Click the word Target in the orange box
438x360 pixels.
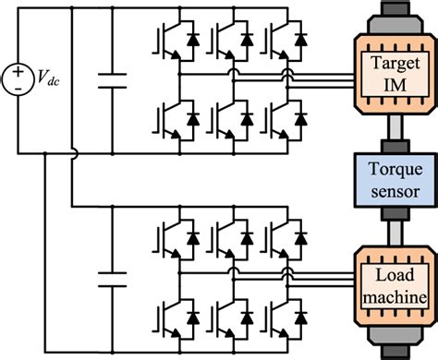tap(386, 65)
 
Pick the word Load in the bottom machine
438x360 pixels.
tap(386, 276)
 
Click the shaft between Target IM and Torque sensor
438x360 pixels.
tap(386, 134)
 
